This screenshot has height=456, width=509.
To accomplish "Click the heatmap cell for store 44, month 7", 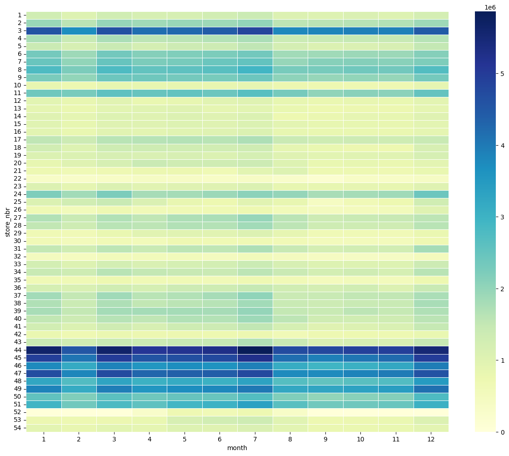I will coord(255,350).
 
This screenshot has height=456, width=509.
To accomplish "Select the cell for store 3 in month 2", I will coord(79,30).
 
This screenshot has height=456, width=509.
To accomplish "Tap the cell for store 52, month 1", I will coord(44,412).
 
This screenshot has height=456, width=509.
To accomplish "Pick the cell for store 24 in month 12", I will coord(431,194).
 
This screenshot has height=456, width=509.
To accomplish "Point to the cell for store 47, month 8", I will coord(290,373).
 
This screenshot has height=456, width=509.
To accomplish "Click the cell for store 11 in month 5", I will coord(185,93).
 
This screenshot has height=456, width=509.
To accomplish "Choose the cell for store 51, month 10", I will coord(361,404).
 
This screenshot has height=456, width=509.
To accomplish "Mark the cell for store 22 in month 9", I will coord(325,178).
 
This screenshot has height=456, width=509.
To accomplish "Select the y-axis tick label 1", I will coord(20,15).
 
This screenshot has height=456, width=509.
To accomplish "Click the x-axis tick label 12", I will coord(431,439).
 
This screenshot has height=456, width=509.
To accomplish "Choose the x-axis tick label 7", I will coord(255,439).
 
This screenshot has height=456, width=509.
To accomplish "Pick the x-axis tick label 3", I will coord(114,439).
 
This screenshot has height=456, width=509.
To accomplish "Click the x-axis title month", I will coord(237,448).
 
